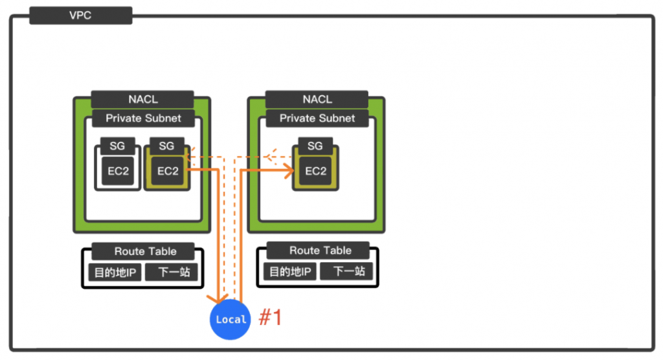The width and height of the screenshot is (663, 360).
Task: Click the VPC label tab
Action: (x=81, y=16)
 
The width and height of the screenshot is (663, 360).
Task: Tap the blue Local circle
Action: (x=230, y=319)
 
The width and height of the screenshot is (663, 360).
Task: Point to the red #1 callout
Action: (x=271, y=318)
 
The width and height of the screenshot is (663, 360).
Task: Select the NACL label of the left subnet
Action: (x=142, y=100)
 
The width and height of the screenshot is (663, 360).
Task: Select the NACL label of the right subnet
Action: (x=317, y=100)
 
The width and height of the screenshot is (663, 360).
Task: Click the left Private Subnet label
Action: (x=142, y=118)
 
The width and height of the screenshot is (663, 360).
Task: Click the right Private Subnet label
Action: (x=317, y=118)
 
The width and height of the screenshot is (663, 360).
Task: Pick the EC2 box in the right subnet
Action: (x=315, y=171)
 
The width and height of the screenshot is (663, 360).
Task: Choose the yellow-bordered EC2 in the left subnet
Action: (x=167, y=171)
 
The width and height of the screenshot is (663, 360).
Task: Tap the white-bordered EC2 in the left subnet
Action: (x=118, y=171)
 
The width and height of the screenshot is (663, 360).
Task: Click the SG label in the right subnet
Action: (x=315, y=146)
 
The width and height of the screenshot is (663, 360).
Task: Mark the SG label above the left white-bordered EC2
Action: (x=117, y=146)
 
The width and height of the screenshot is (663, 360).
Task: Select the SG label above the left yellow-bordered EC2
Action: (x=166, y=146)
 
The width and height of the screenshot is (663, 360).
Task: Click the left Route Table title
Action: (x=145, y=251)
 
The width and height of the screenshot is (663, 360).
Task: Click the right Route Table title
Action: (x=320, y=251)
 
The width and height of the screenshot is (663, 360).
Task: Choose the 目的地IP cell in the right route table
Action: (x=289, y=271)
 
